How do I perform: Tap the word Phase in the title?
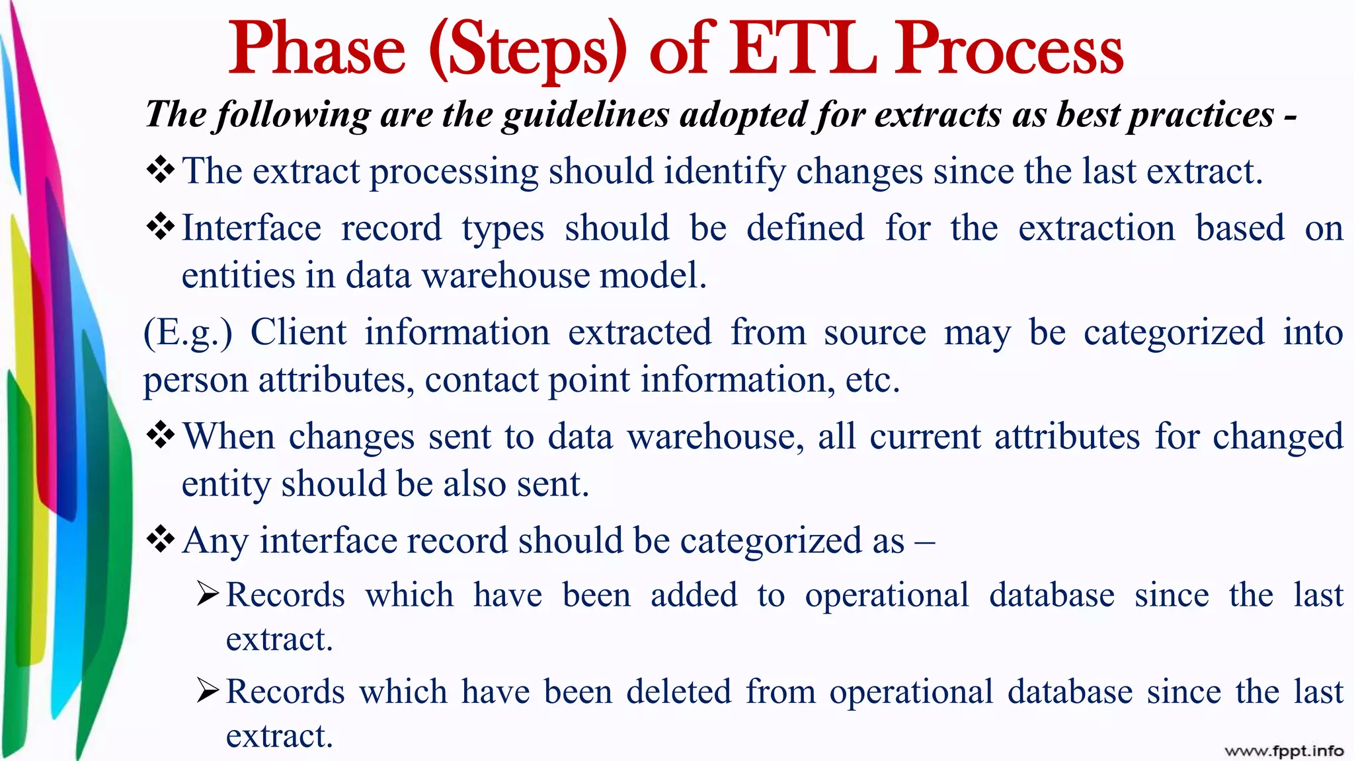point(317,49)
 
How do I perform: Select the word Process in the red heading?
point(1010,49)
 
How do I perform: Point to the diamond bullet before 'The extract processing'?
point(161,170)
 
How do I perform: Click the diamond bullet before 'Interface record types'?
point(161,227)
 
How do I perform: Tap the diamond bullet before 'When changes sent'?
point(161,435)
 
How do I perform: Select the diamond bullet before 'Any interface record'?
point(161,540)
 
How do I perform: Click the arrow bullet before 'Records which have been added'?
point(208,595)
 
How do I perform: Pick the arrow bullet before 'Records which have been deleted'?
point(208,691)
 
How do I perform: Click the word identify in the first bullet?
point(725,172)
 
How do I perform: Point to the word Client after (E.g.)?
point(298,332)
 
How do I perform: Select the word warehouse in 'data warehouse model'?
point(506,275)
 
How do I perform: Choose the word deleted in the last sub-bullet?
point(678,692)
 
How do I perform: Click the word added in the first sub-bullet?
point(694,595)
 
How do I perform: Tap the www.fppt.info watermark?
point(1284,750)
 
